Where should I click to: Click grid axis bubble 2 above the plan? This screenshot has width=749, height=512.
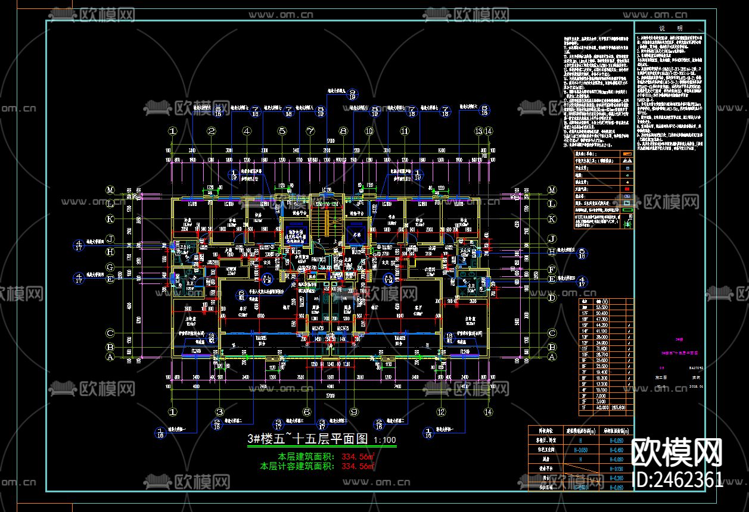pyautogui.click(x=211, y=132)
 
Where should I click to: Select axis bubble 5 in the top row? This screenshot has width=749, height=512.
pyautogui.click(x=282, y=132)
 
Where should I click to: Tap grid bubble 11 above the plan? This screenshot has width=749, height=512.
pyautogui.click(x=405, y=132)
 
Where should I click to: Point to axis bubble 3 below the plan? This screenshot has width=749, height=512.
pyautogui.click(x=219, y=411)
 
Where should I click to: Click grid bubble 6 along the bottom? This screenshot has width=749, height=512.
pyautogui.click(x=307, y=411)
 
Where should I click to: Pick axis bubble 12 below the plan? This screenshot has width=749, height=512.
pyautogui.click(x=441, y=411)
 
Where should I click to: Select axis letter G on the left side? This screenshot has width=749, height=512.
pyautogui.click(x=110, y=268)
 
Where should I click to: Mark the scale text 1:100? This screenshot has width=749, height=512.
pyautogui.click(x=384, y=441)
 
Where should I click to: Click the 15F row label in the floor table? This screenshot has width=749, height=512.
pyautogui.click(x=585, y=326)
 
